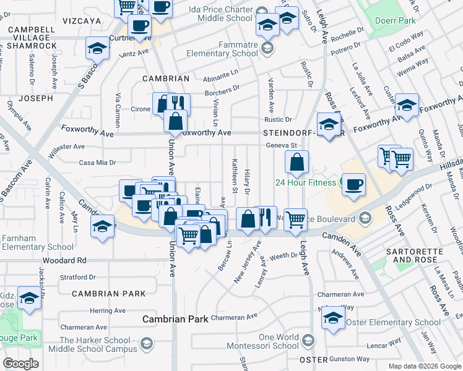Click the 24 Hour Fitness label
(x=306, y=182)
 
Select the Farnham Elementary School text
(x=37, y=242)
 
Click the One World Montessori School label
(x=270, y=341)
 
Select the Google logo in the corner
(x=20, y=363)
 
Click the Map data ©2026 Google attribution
(x=425, y=366)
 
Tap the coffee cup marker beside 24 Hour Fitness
(x=353, y=184)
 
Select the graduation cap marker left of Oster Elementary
(x=333, y=318)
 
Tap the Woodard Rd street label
(x=64, y=260)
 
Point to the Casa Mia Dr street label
(x=97, y=163)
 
